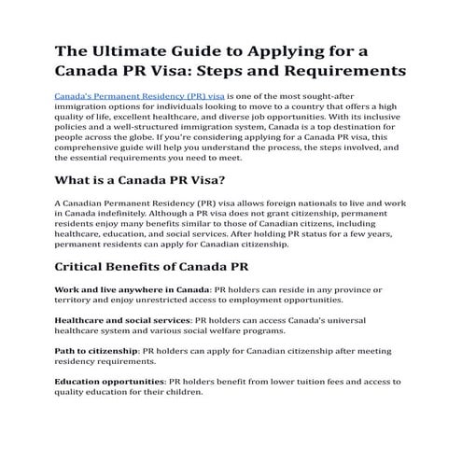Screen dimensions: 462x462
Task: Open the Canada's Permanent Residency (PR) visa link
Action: [140, 96]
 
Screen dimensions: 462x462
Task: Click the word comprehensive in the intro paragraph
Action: [97, 148]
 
